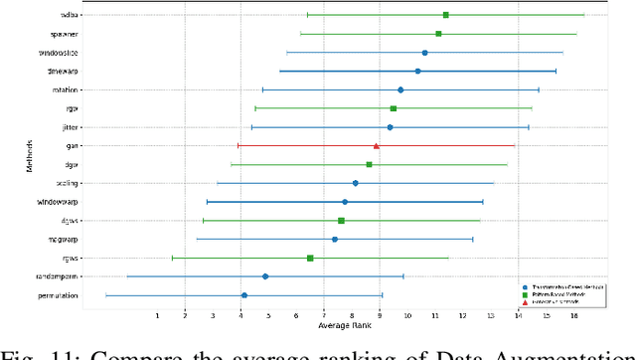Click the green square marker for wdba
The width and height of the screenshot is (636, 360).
coord(445,15)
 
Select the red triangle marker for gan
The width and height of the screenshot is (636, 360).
coord(376,146)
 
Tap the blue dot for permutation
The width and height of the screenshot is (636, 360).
coord(243,295)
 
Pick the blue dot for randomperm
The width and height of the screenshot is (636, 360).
coord(265,276)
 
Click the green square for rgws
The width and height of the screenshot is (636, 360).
coord(310,258)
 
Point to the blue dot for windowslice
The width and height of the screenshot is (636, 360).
coord(424,53)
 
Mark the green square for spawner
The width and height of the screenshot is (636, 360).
coord(438,34)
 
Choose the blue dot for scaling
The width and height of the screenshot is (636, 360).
coord(355,183)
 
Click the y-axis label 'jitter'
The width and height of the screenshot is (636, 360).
coord(72,127)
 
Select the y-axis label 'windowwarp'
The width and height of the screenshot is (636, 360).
coord(65,202)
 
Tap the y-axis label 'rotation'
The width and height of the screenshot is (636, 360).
coord(67,90)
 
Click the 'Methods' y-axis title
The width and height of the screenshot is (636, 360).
coord(31,157)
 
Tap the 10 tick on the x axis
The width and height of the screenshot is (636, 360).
coord(407,316)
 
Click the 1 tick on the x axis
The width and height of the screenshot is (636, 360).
coord(157,316)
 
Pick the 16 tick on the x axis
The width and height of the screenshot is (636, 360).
coord(574,316)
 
